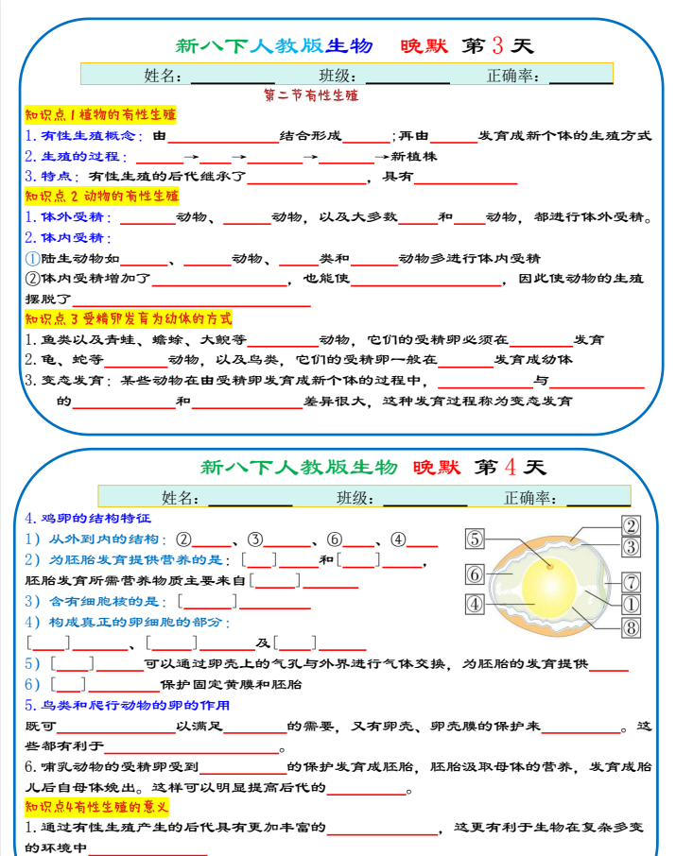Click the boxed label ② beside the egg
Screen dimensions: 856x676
pos(631,526)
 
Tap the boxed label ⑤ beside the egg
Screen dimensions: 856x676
pos(476,539)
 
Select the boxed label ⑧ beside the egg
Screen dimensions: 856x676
pos(631,627)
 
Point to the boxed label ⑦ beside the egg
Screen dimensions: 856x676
pos(631,582)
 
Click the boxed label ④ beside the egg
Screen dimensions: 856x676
pos(476,603)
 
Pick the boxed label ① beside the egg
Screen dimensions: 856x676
pos(631,604)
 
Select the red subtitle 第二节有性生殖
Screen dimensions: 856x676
pos(311,95)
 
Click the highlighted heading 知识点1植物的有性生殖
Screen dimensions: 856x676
pos(100,115)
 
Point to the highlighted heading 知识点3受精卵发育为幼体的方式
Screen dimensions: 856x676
pos(129,318)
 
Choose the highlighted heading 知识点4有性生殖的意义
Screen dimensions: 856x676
pos(97,806)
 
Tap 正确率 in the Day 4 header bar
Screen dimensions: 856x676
pos(529,498)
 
